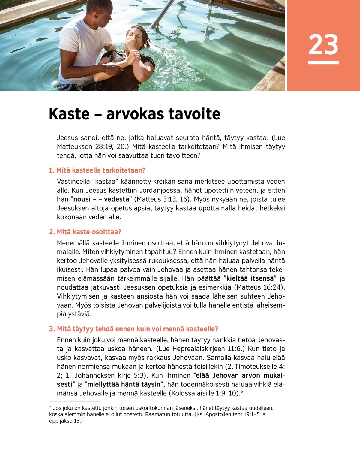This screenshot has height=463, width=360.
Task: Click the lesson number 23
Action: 323,44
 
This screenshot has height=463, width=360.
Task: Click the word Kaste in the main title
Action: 69,114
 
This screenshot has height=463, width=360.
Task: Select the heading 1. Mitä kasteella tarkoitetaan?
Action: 97,170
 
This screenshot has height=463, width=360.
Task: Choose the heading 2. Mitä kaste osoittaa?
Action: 85,232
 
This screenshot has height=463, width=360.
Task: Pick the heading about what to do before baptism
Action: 133,329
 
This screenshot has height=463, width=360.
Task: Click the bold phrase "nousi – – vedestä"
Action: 101,199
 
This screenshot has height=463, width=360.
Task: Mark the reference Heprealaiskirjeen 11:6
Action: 204,349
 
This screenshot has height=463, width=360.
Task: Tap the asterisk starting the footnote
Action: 50,408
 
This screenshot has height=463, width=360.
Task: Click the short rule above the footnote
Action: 75,401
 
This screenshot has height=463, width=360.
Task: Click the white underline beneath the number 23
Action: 323,62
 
